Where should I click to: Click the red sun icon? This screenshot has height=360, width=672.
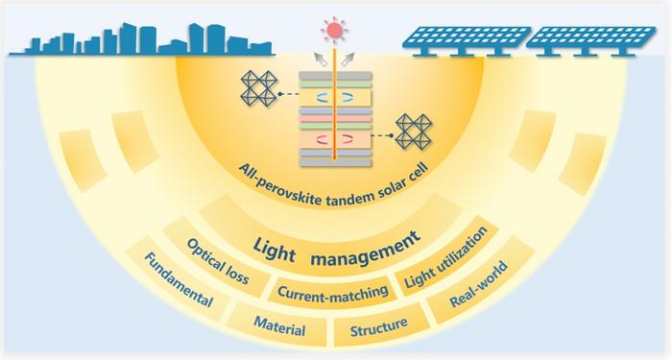point(335,30)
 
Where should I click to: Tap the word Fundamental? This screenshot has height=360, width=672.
point(179,279)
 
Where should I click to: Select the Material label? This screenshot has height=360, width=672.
point(279,326)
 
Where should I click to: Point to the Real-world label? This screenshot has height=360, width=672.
point(479,284)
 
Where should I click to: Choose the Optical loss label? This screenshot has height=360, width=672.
point(218,261)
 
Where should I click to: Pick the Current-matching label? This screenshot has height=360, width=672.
point(332,292)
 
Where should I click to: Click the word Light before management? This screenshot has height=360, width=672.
point(274,251)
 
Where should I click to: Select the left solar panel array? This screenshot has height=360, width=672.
point(467,40)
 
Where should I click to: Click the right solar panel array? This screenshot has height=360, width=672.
point(591,40)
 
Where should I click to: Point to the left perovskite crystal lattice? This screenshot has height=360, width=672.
point(259,88)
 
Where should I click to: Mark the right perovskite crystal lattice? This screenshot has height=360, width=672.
point(413,132)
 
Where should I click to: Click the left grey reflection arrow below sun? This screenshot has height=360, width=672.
point(320,59)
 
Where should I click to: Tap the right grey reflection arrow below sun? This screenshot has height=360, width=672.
point(348,59)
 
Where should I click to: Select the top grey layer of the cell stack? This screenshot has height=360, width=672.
point(335,76)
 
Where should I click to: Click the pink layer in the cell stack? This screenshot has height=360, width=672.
point(335,118)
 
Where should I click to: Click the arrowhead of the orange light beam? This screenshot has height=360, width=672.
point(335,159)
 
